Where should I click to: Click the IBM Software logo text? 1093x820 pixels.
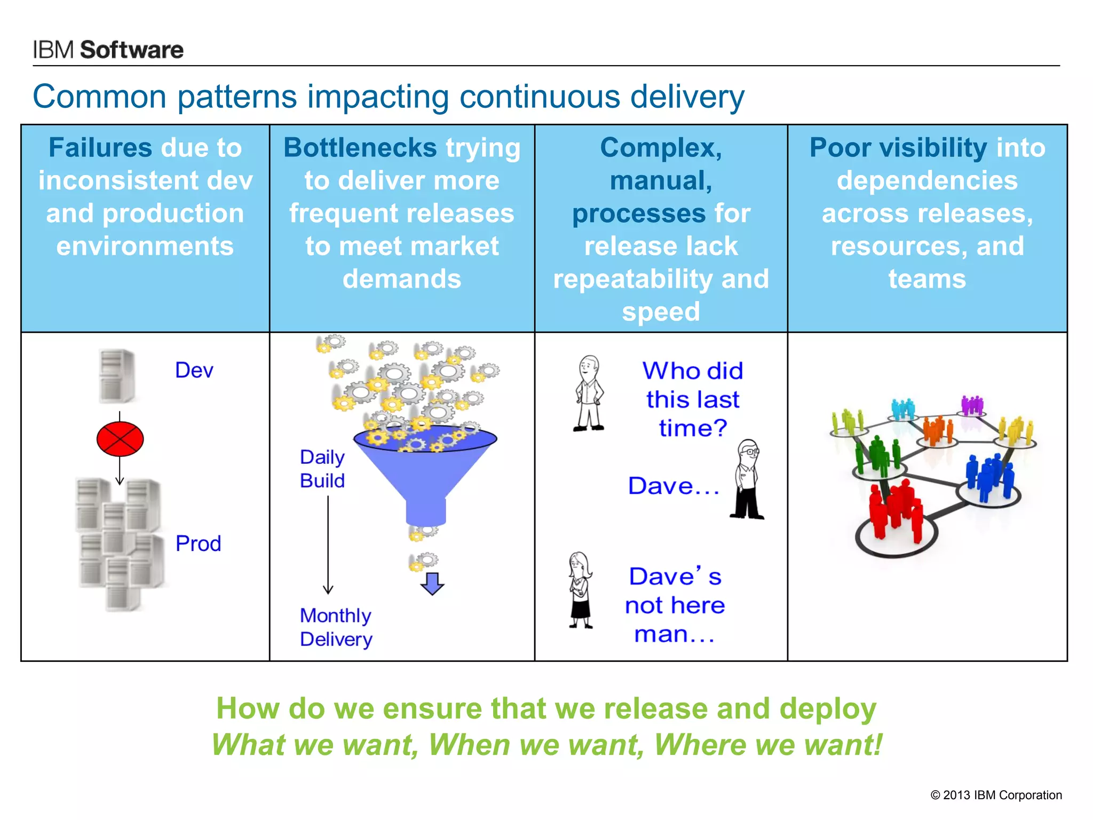coord(108,50)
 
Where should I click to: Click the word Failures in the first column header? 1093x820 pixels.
coord(100,148)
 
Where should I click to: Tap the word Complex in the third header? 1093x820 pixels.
coord(660,148)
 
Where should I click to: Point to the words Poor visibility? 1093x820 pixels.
coord(898,148)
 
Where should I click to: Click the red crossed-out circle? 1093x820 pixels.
coord(120,439)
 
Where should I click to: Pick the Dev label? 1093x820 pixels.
coord(194,370)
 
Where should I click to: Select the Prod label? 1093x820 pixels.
coord(198,543)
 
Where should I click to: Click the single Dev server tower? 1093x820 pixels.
coord(116,376)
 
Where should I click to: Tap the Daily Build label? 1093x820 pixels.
coord(322,469)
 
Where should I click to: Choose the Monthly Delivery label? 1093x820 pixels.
coord(336,627)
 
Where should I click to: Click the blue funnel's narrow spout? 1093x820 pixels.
coord(426,512)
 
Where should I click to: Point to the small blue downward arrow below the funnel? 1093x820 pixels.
coord(432,584)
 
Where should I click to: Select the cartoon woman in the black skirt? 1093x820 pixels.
coord(580,590)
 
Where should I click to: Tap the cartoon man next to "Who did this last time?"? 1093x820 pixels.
coord(589,393)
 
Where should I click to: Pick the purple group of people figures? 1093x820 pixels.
coord(972,406)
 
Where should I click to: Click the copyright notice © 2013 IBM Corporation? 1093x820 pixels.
coord(996,795)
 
